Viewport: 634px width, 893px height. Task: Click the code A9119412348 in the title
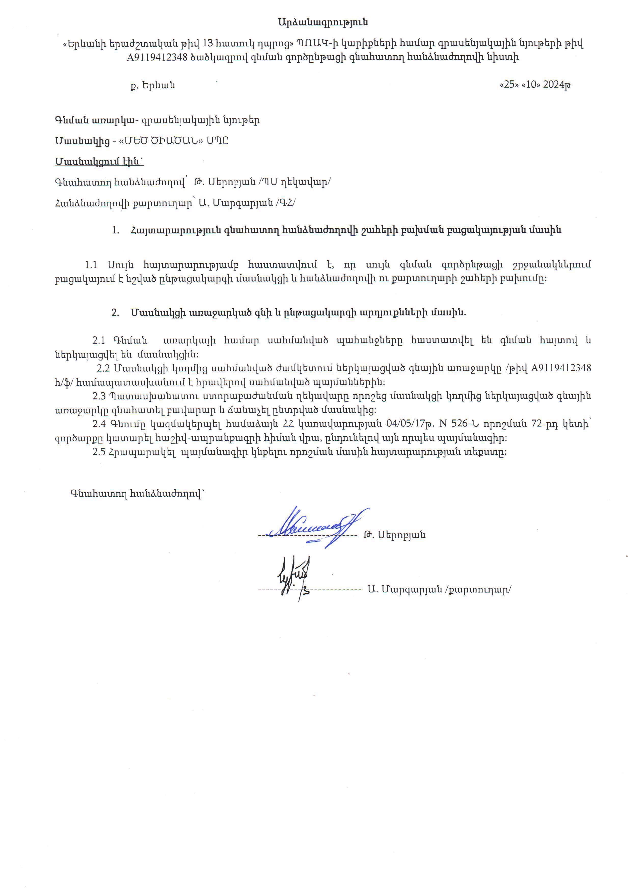coord(157,57)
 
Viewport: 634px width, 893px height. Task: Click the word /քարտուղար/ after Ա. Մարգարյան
coord(478,590)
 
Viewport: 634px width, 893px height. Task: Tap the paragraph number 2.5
coord(99,452)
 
